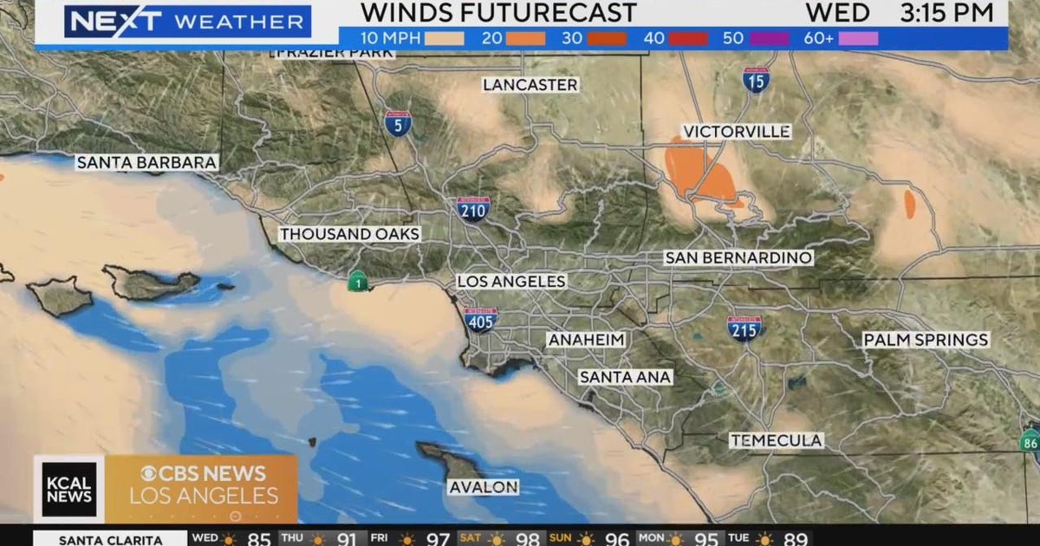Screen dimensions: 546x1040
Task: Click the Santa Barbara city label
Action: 146,162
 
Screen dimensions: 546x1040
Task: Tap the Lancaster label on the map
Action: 530,85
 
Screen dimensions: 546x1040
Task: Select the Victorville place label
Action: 737,132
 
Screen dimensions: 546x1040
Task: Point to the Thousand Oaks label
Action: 349,234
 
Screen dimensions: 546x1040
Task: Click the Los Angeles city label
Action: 511,282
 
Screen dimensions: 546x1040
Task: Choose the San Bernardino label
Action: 738,257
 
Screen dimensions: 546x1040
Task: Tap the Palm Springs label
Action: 926,340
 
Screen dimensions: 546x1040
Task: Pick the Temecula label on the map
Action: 776,440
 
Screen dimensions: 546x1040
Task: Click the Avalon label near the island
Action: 484,487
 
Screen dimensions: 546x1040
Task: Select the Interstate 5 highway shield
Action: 398,123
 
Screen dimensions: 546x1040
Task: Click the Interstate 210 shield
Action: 473,209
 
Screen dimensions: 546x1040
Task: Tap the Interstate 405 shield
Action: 481,320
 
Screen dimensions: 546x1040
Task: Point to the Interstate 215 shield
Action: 744,328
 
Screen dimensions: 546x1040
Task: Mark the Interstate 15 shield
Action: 756,80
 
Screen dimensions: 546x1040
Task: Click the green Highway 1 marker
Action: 356,281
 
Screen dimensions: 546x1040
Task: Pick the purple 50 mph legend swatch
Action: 770,38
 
